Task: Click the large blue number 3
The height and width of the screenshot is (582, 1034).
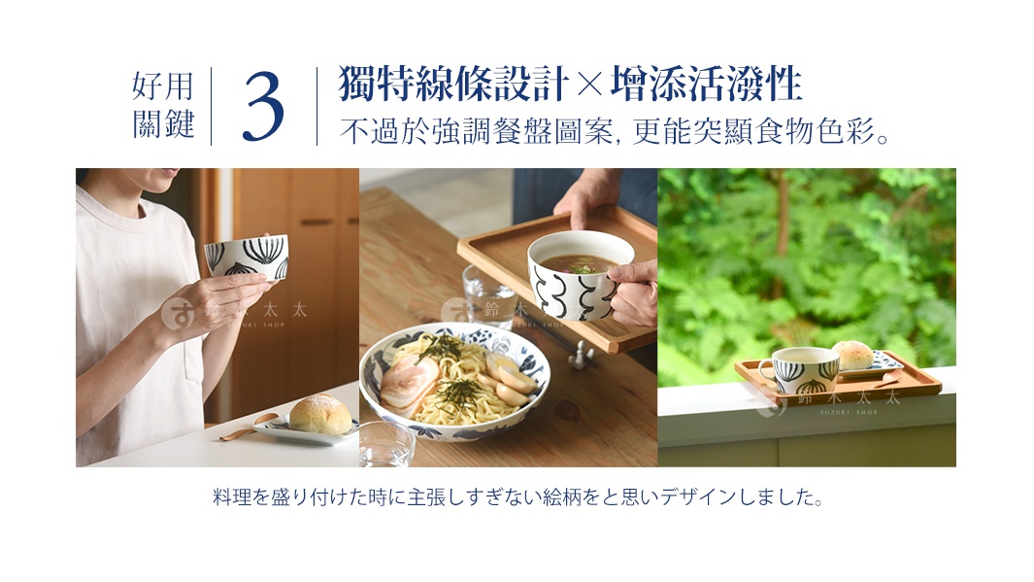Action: tap(263, 107)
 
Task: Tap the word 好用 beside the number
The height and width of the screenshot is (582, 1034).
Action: tap(163, 87)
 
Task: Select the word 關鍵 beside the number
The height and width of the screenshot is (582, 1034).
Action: tap(163, 125)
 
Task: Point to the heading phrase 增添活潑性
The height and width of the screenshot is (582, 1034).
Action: tap(706, 86)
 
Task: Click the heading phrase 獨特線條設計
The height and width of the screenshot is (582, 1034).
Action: tap(453, 86)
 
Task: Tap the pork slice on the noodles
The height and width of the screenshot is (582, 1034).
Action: tap(407, 384)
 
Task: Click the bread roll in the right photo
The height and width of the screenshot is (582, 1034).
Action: tap(851, 355)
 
